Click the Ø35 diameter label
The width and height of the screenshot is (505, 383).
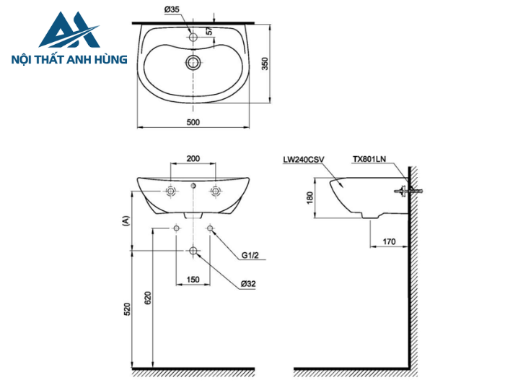click(x=172, y=9)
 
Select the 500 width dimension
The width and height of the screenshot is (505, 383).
click(x=193, y=122)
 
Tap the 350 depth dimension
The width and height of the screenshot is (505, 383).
click(x=265, y=64)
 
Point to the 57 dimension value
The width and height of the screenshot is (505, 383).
click(x=210, y=32)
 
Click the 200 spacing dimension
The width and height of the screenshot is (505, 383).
click(x=193, y=158)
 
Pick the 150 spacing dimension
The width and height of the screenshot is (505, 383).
click(x=193, y=279)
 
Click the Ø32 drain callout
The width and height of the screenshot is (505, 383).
click(x=247, y=284)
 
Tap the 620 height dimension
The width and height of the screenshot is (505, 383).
click(x=149, y=298)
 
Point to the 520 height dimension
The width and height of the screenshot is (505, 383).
click(x=127, y=309)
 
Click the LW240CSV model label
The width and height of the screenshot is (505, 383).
click(x=303, y=158)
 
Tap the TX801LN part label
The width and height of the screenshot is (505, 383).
click(x=369, y=158)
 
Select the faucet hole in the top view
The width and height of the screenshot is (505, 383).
click(x=193, y=35)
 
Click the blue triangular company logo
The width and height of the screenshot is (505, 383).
click(x=69, y=32)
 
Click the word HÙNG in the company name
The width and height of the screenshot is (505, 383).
click(x=108, y=59)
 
